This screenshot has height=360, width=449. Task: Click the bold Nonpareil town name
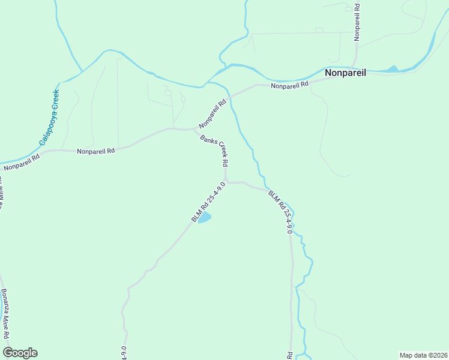(x=346, y=73)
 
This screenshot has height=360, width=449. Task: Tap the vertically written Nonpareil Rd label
(x=357, y=22)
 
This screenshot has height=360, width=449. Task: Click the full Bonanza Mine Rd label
(x=5, y=315)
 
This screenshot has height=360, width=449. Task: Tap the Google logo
(x=20, y=353)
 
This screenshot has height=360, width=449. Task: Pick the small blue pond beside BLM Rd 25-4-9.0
(x=205, y=217)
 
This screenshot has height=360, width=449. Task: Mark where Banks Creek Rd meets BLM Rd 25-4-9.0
(x=226, y=182)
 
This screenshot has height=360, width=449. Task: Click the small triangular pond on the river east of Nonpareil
(x=393, y=69)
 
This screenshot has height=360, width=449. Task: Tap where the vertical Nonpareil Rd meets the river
(x=357, y=66)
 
